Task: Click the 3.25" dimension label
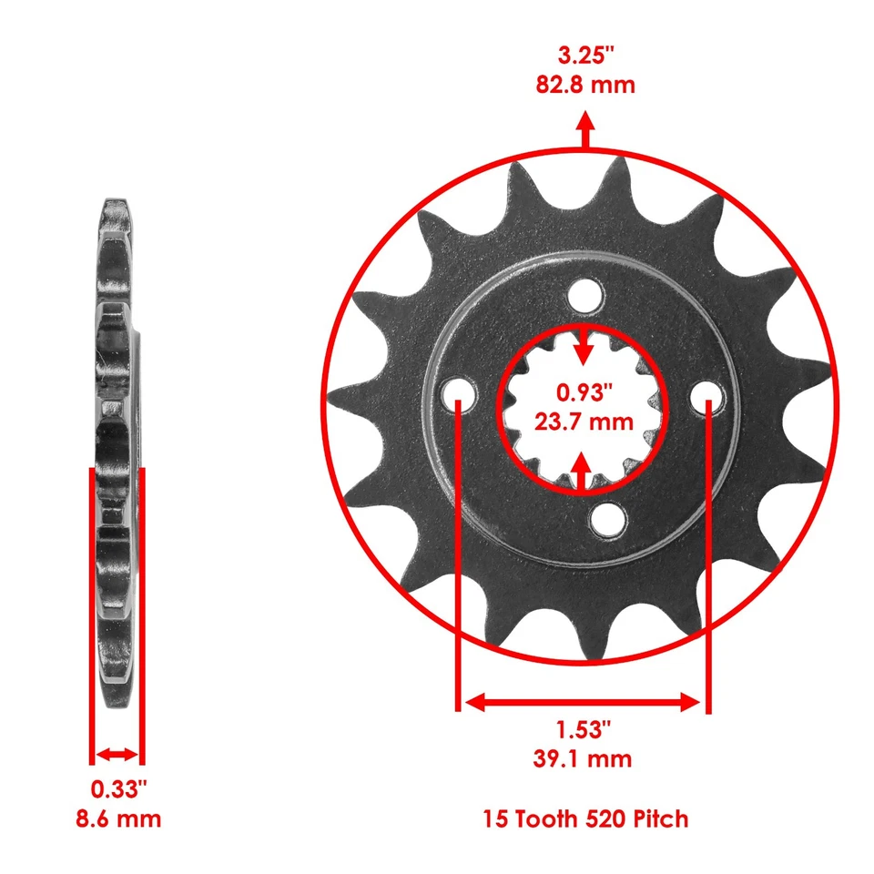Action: [585, 55]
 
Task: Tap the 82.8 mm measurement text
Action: [585, 86]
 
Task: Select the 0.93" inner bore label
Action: [585, 392]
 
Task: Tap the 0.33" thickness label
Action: [118, 788]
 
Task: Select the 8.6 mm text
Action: [118, 818]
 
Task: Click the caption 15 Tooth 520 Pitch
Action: [585, 818]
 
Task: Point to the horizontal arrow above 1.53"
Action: [583, 702]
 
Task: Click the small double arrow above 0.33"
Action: [117, 755]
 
